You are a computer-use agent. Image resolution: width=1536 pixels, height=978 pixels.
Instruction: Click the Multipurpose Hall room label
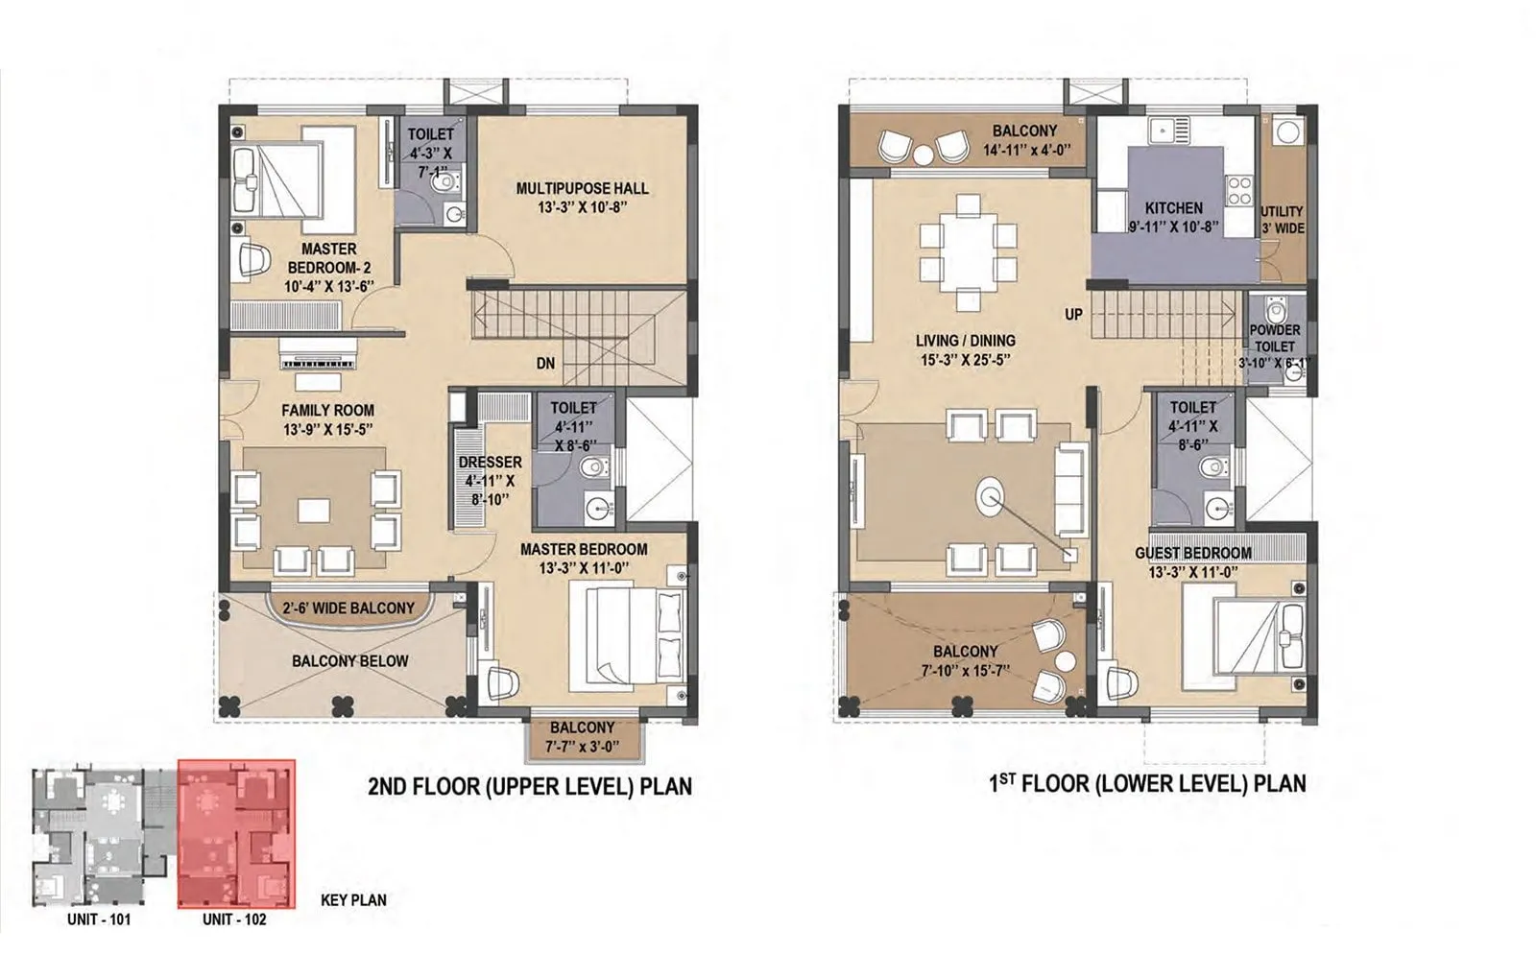(x=582, y=197)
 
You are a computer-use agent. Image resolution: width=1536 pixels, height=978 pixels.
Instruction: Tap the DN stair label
(x=545, y=364)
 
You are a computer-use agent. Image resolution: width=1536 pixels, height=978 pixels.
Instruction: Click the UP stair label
(x=1073, y=314)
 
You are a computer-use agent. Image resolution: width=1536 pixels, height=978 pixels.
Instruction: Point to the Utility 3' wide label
(x=1282, y=219)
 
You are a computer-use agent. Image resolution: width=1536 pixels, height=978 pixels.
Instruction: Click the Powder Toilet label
(x=1274, y=338)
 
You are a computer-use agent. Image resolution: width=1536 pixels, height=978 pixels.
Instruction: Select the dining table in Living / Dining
(x=968, y=251)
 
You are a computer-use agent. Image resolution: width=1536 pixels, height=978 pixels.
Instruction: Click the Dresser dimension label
(x=490, y=481)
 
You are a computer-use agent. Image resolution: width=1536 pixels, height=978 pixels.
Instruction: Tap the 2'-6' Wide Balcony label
(x=349, y=608)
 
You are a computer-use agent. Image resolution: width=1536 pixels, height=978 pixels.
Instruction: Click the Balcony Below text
(x=349, y=661)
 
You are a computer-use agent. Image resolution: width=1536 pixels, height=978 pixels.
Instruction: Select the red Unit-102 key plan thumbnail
(x=236, y=833)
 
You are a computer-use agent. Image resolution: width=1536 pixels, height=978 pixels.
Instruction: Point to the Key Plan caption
(x=353, y=900)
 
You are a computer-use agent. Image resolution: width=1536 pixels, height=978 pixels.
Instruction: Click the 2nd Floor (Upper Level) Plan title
(x=530, y=787)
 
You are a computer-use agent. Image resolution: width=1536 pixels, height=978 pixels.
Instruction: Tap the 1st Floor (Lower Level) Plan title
(x=1147, y=784)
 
